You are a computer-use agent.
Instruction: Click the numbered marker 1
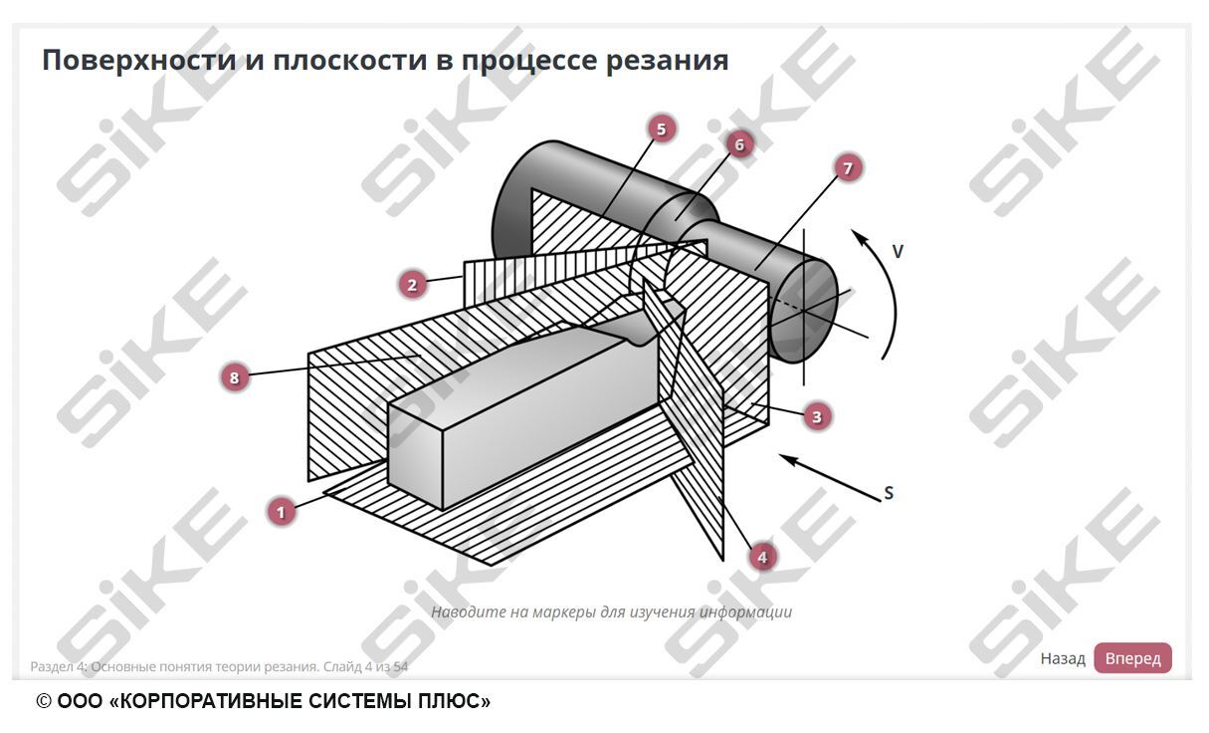pyautogui.click(x=282, y=512)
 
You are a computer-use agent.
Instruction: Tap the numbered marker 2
pyautogui.click(x=412, y=285)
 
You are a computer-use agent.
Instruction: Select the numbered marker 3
pyautogui.click(x=817, y=416)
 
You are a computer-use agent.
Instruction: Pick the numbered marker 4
pyautogui.click(x=762, y=557)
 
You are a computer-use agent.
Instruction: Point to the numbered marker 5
pyautogui.click(x=660, y=128)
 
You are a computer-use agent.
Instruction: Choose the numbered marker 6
pyautogui.click(x=738, y=144)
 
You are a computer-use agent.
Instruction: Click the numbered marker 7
pyautogui.click(x=848, y=168)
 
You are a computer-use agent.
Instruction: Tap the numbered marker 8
pyautogui.click(x=234, y=377)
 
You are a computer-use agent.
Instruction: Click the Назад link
pyautogui.click(x=1062, y=658)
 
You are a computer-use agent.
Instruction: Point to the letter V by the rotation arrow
pyautogui.click(x=898, y=252)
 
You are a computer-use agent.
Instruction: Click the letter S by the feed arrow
pyautogui.click(x=889, y=493)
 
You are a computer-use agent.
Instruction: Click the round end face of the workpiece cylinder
pyautogui.click(x=804, y=310)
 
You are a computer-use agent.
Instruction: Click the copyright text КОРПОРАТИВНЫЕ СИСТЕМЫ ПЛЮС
pyautogui.click(x=299, y=702)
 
